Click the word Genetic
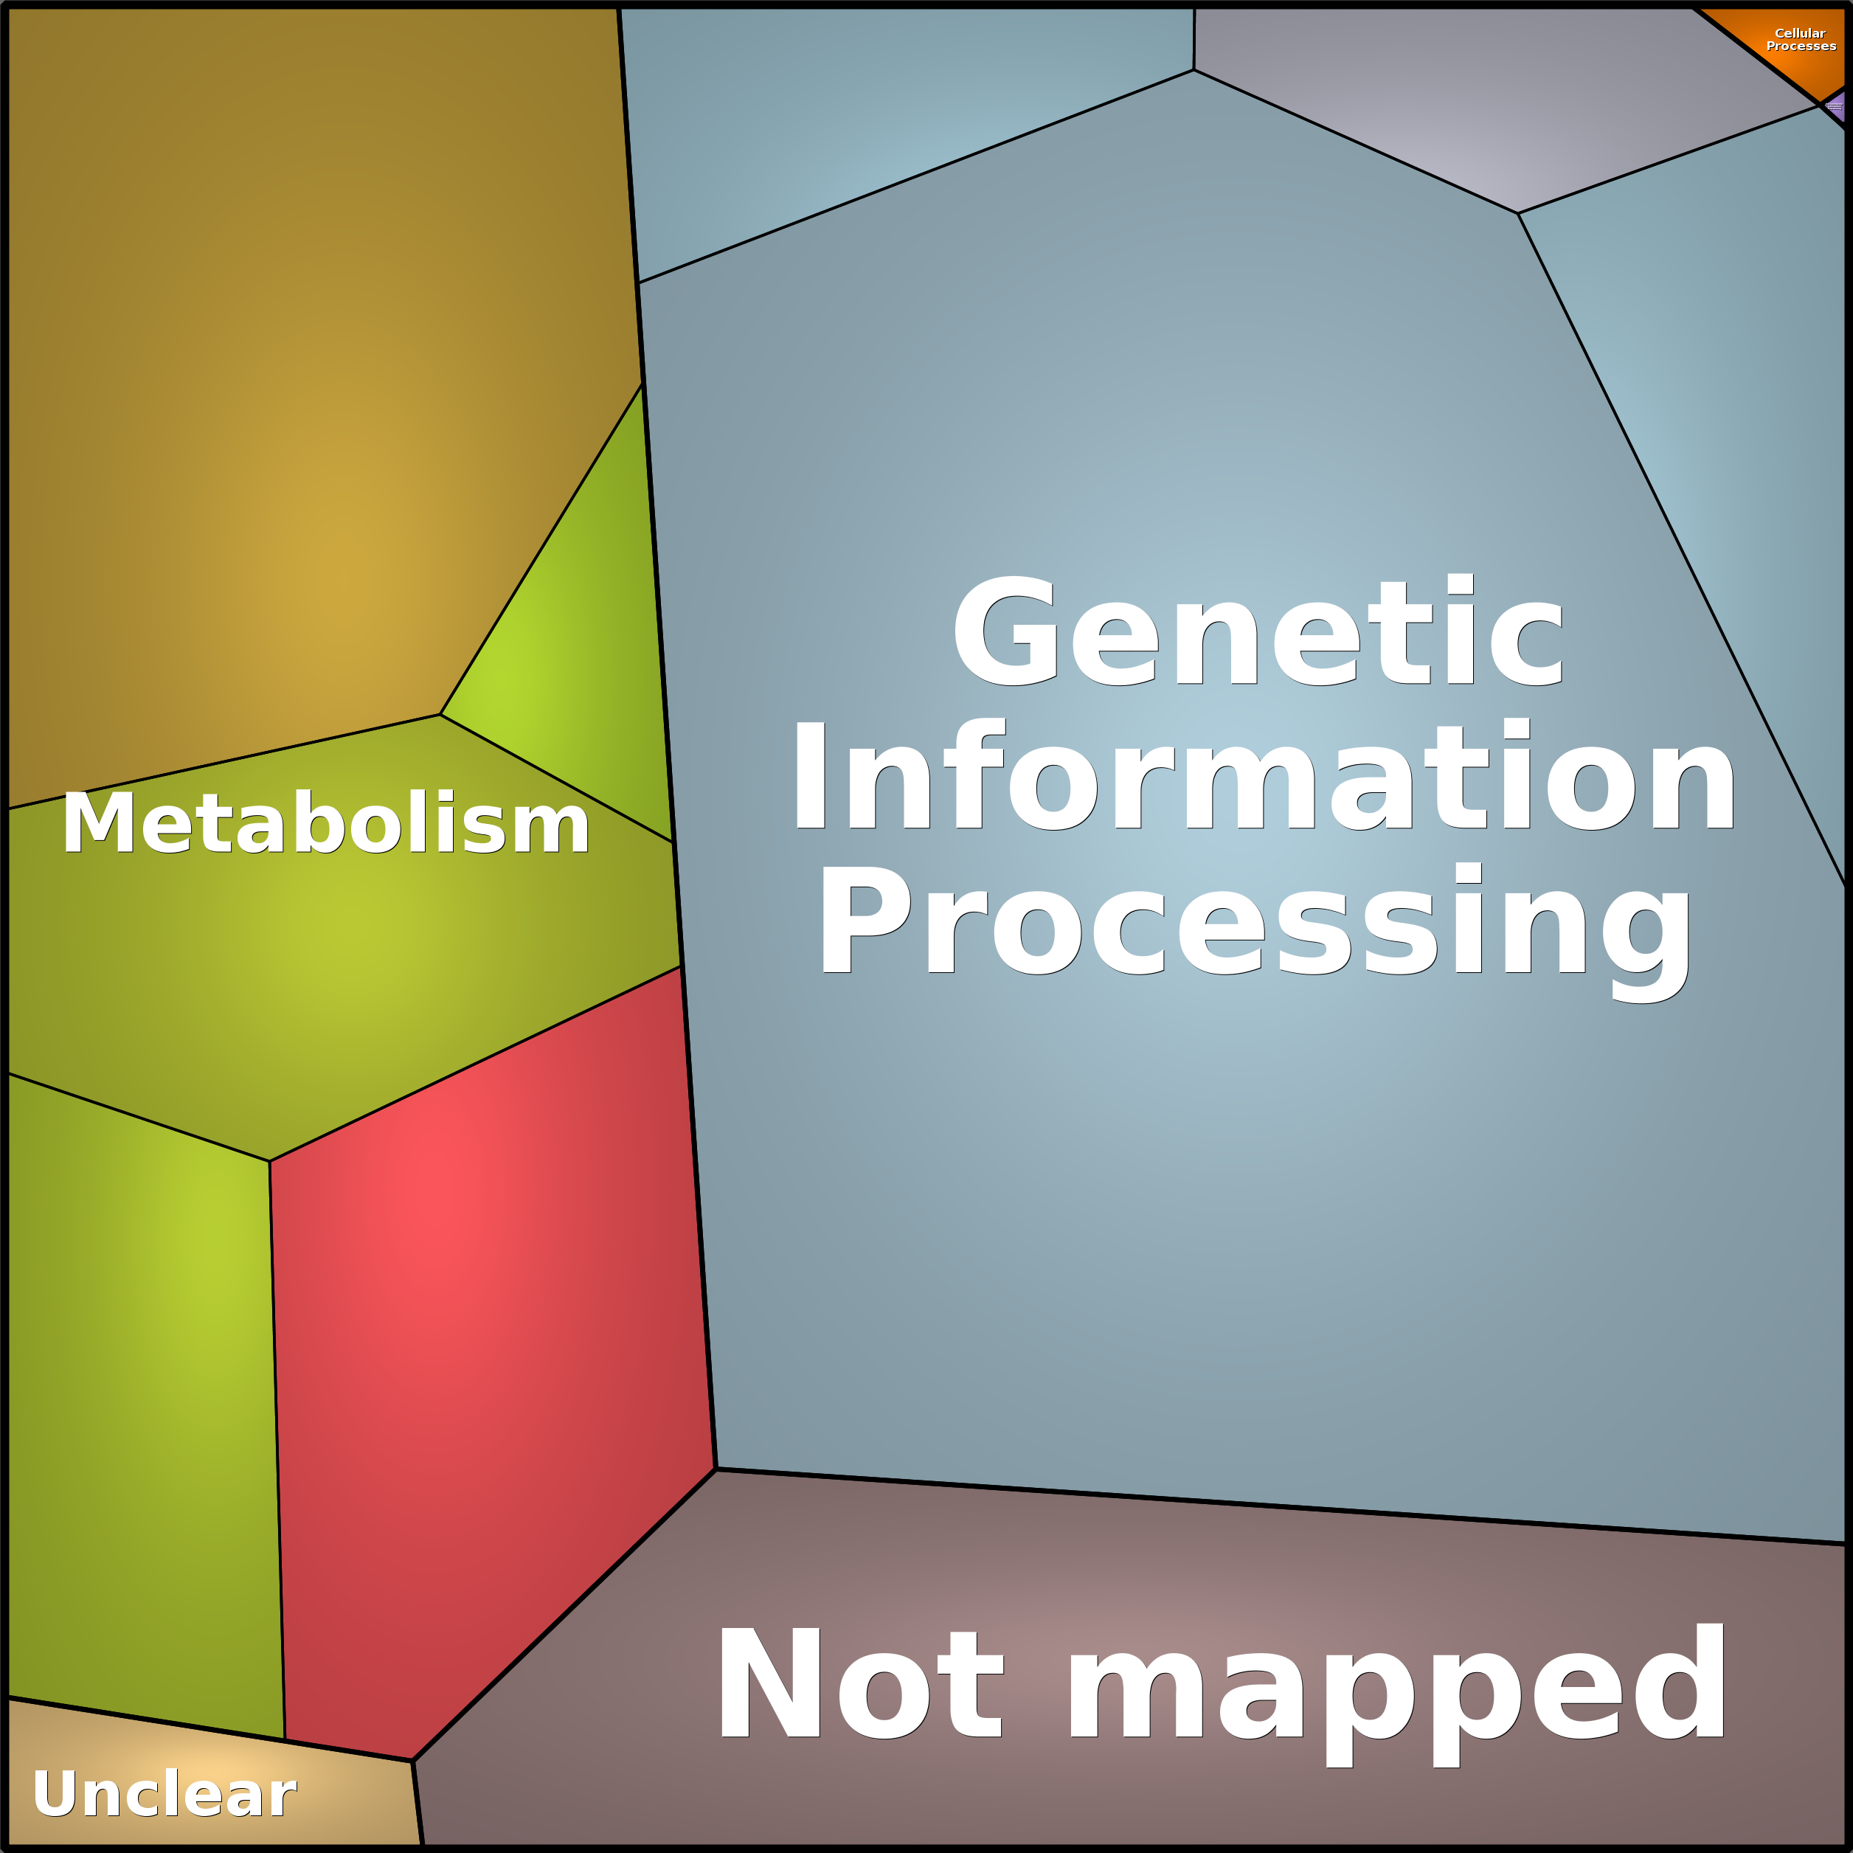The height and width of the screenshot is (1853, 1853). coord(1258,631)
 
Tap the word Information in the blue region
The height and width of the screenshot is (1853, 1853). coord(1263,777)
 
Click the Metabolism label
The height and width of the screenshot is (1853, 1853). coord(325,823)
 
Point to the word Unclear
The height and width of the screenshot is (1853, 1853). coord(164,1793)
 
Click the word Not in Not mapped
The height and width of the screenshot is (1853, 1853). coord(860,1684)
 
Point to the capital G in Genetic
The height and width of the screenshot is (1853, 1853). coord(1004,631)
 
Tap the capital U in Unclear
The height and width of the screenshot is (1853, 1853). coord(54,1793)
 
